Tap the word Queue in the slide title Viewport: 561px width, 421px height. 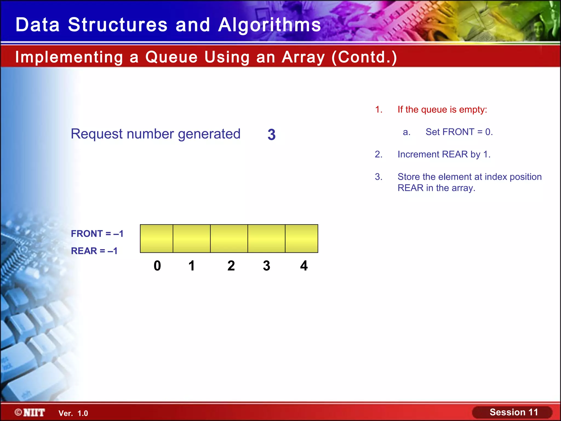171,57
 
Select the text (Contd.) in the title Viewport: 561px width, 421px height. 364,57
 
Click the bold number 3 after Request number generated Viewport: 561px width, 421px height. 271,135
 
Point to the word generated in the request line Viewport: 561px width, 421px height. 209,134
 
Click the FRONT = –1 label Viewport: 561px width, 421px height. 97,234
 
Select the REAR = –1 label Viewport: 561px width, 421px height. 94,251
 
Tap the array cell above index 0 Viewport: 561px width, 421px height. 156,238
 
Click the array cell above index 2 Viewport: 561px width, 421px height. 229,238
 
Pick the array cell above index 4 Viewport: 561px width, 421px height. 302,238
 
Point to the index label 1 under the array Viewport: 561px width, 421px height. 191,266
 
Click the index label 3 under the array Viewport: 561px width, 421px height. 267,266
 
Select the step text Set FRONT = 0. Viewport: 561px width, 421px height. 459,132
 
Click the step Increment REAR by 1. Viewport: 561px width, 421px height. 444,154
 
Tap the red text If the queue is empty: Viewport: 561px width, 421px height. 442,110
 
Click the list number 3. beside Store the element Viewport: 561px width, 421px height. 379,177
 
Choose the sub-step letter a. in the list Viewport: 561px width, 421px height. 407,132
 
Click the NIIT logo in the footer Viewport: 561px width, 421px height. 30,413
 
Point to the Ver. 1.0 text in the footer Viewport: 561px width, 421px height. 73,413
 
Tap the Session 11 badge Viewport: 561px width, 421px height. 513,412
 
